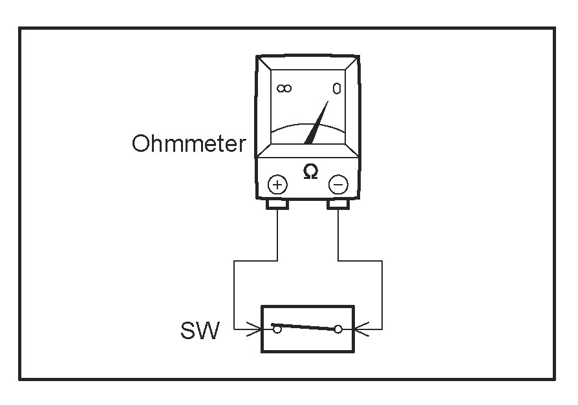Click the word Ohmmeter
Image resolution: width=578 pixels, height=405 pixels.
(189, 143)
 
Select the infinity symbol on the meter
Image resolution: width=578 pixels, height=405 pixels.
(284, 88)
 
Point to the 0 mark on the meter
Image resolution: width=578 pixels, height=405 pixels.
(336, 89)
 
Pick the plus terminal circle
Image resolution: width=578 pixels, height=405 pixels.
(277, 185)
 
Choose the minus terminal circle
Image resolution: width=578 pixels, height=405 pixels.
(338, 185)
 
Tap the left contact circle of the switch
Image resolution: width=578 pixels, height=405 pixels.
(277, 329)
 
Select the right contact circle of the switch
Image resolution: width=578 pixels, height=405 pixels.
(337, 330)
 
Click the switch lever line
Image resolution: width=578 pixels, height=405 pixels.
(307, 327)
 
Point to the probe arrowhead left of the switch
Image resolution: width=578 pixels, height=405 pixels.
(255, 330)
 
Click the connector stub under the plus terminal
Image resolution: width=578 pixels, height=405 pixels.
(277, 205)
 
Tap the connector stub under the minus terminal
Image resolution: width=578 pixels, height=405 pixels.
(338, 205)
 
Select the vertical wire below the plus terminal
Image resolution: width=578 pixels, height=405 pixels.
(277, 236)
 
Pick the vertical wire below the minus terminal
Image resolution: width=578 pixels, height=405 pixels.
(338, 236)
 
